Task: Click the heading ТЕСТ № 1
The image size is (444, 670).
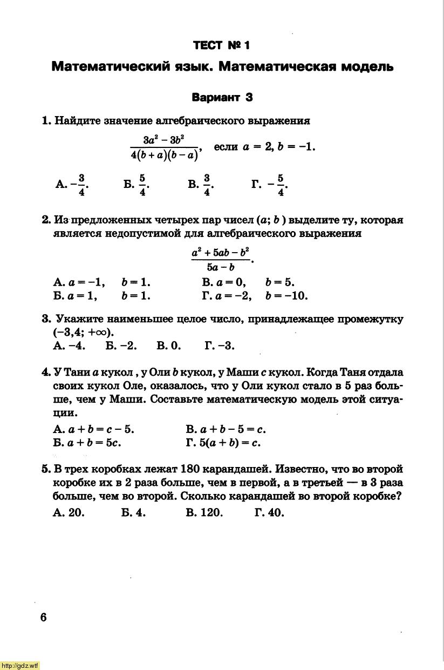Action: coord(222,45)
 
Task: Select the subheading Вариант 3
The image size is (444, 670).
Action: coord(222,98)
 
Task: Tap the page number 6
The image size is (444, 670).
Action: coord(43,618)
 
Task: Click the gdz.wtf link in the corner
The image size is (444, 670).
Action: coord(21,666)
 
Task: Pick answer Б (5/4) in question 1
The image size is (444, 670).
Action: coord(136,185)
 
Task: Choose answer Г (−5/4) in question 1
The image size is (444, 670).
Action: coord(270,185)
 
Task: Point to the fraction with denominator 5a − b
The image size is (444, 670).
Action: coord(221,260)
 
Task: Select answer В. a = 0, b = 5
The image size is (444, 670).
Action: coord(248,282)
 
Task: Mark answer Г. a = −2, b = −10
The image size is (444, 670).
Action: coord(255,296)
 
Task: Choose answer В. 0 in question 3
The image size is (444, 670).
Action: coord(169,346)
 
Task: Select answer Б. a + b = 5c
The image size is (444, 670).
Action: coord(87,443)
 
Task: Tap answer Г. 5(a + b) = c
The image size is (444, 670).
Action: coord(223,443)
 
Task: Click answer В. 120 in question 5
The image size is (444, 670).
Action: coord(204,513)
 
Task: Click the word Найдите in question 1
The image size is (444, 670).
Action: coord(75,121)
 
